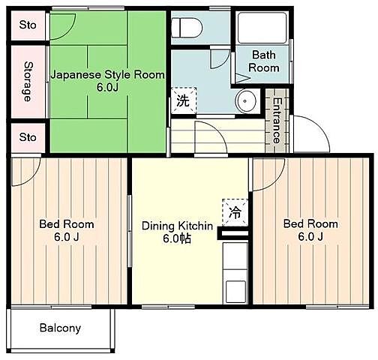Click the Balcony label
60,328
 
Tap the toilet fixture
187,28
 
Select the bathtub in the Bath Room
262,28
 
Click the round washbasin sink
245,101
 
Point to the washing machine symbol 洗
183,100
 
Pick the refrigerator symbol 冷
235,213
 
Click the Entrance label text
277,121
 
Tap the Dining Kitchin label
177,226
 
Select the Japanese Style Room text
108,74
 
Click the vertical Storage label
28,82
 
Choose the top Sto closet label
28,25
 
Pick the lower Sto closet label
28,137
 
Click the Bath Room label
264,61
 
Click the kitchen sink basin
235,292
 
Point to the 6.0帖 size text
177,238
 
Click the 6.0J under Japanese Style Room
107,87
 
